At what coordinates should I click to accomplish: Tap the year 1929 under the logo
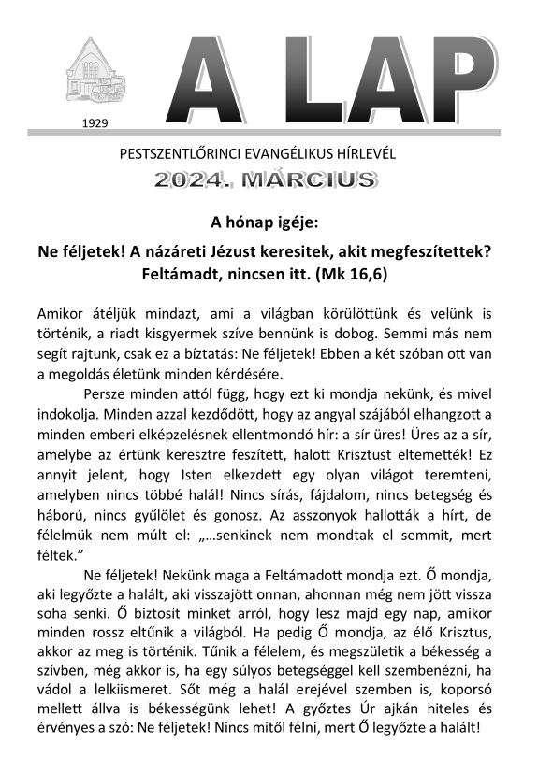(x=95, y=122)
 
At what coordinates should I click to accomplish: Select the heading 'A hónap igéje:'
(x=265, y=223)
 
